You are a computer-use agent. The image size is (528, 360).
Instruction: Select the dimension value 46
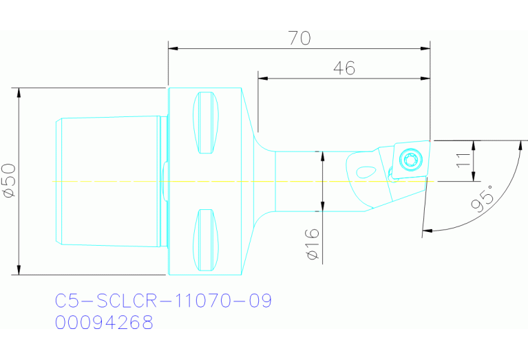(x=344, y=67)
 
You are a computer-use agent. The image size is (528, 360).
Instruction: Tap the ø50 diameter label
(x=9, y=181)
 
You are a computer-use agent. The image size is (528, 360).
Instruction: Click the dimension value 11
(x=463, y=161)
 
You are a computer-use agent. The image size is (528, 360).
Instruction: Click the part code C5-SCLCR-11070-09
(x=163, y=301)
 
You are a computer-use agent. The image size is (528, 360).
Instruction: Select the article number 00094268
(x=104, y=322)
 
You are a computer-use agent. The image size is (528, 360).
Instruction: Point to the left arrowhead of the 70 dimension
(x=173, y=48)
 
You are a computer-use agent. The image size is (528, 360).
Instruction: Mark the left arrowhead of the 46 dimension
(x=263, y=78)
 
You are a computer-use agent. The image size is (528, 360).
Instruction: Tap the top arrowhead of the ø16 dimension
(x=322, y=155)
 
